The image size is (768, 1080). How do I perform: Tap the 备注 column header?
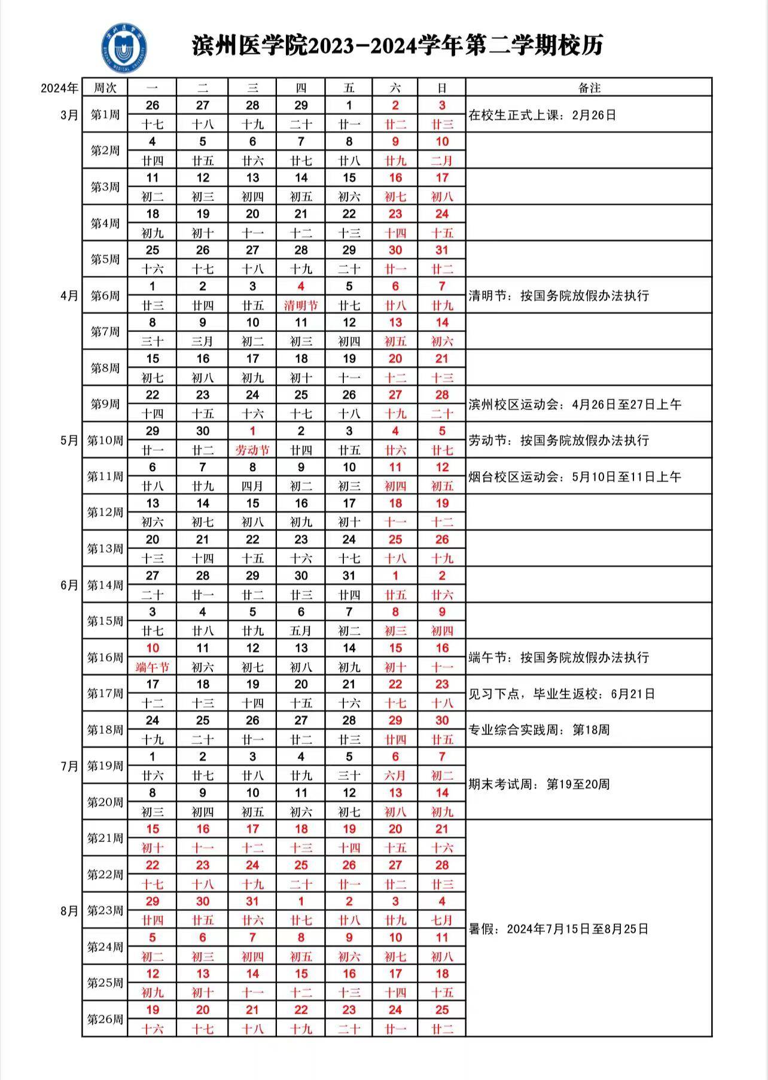pyautogui.click(x=589, y=88)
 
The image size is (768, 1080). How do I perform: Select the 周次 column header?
pyautogui.click(x=105, y=88)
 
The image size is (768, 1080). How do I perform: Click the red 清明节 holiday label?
pyautogui.click(x=300, y=306)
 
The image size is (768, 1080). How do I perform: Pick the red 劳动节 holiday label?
pyautogui.click(x=252, y=450)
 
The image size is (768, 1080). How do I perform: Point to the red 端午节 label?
pyautogui.click(x=153, y=667)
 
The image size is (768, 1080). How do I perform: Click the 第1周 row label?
pyautogui.click(x=105, y=114)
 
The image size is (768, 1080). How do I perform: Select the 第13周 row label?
pyautogui.click(x=105, y=548)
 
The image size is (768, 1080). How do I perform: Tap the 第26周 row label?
pyautogui.click(x=105, y=1019)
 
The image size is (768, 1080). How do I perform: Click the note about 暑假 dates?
pyautogui.click(x=558, y=929)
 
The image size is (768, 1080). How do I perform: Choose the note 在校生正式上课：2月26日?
pyautogui.click(x=542, y=115)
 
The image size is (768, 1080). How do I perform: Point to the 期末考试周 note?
pyautogui.click(x=538, y=784)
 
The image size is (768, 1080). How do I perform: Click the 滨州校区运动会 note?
pyautogui.click(x=574, y=404)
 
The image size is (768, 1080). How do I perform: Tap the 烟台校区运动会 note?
pyautogui.click(x=574, y=477)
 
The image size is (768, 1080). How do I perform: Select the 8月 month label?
pyautogui.click(x=69, y=911)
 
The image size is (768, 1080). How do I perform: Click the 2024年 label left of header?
pyautogui.click(x=59, y=89)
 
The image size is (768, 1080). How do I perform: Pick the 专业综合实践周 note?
pyautogui.click(x=538, y=730)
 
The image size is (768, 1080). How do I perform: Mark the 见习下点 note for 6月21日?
pyautogui.click(x=561, y=694)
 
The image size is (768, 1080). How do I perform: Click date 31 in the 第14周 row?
pyautogui.click(x=349, y=576)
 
